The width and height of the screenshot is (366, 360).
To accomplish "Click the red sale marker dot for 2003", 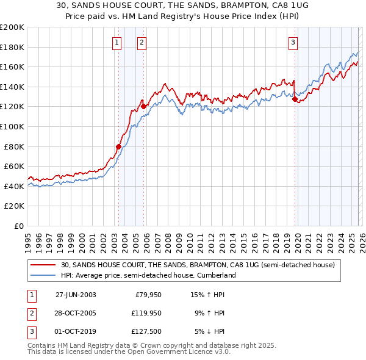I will click(x=118, y=146).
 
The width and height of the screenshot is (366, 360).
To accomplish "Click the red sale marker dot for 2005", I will click(x=143, y=106).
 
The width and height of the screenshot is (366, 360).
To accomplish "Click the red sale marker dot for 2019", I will click(x=295, y=99).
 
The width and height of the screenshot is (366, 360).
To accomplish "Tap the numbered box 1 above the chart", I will click(x=117, y=42).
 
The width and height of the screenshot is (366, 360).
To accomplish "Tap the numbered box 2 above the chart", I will click(x=142, y=42).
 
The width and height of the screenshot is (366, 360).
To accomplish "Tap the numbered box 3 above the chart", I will click(x=293, y=42).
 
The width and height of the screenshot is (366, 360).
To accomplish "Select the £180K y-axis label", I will click(x=12, y=47).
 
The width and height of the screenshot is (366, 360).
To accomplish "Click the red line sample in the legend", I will click(x=43, y=265).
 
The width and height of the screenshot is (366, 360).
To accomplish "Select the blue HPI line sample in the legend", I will click(x=43, y=276).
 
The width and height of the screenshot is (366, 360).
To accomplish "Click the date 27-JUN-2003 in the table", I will click(x=76, y=294).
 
